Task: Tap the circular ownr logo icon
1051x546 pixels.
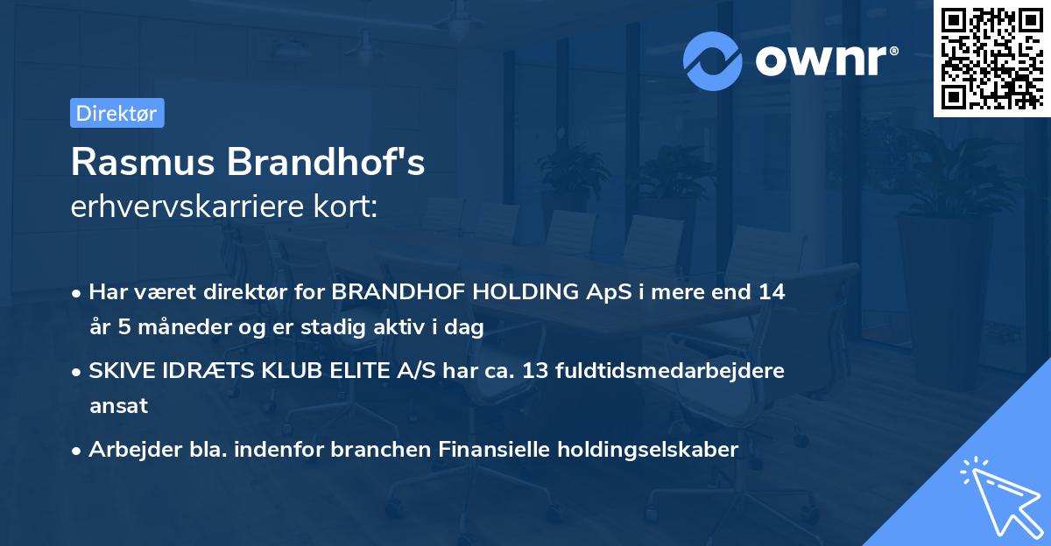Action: pos(712,60)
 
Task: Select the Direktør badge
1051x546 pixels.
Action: pos(116,113)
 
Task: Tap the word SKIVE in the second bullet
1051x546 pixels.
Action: pos(119,371)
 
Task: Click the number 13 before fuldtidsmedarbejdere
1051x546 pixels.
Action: pos(537,371)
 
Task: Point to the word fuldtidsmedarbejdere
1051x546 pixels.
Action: pos(672,371)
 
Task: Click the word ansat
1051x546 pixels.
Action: pos(118,406)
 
